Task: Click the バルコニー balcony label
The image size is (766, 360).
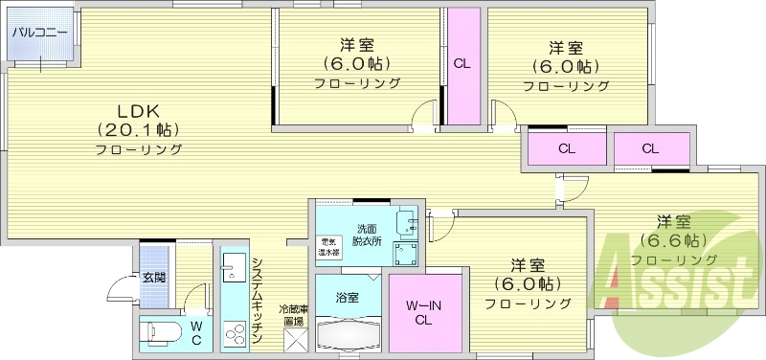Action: (39, 33)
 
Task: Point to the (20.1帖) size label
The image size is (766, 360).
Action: (138, 129)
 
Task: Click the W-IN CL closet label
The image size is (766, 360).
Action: (425, 311)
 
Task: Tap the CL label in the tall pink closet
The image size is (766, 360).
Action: (462, 65)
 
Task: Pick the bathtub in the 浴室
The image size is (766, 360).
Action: (349, 335)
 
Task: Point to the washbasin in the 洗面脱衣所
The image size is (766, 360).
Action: (411, 223)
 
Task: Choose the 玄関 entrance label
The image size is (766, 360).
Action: (154, 278)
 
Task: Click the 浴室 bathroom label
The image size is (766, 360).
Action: (348, 297)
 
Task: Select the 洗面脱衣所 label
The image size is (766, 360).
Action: (369, 235)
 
